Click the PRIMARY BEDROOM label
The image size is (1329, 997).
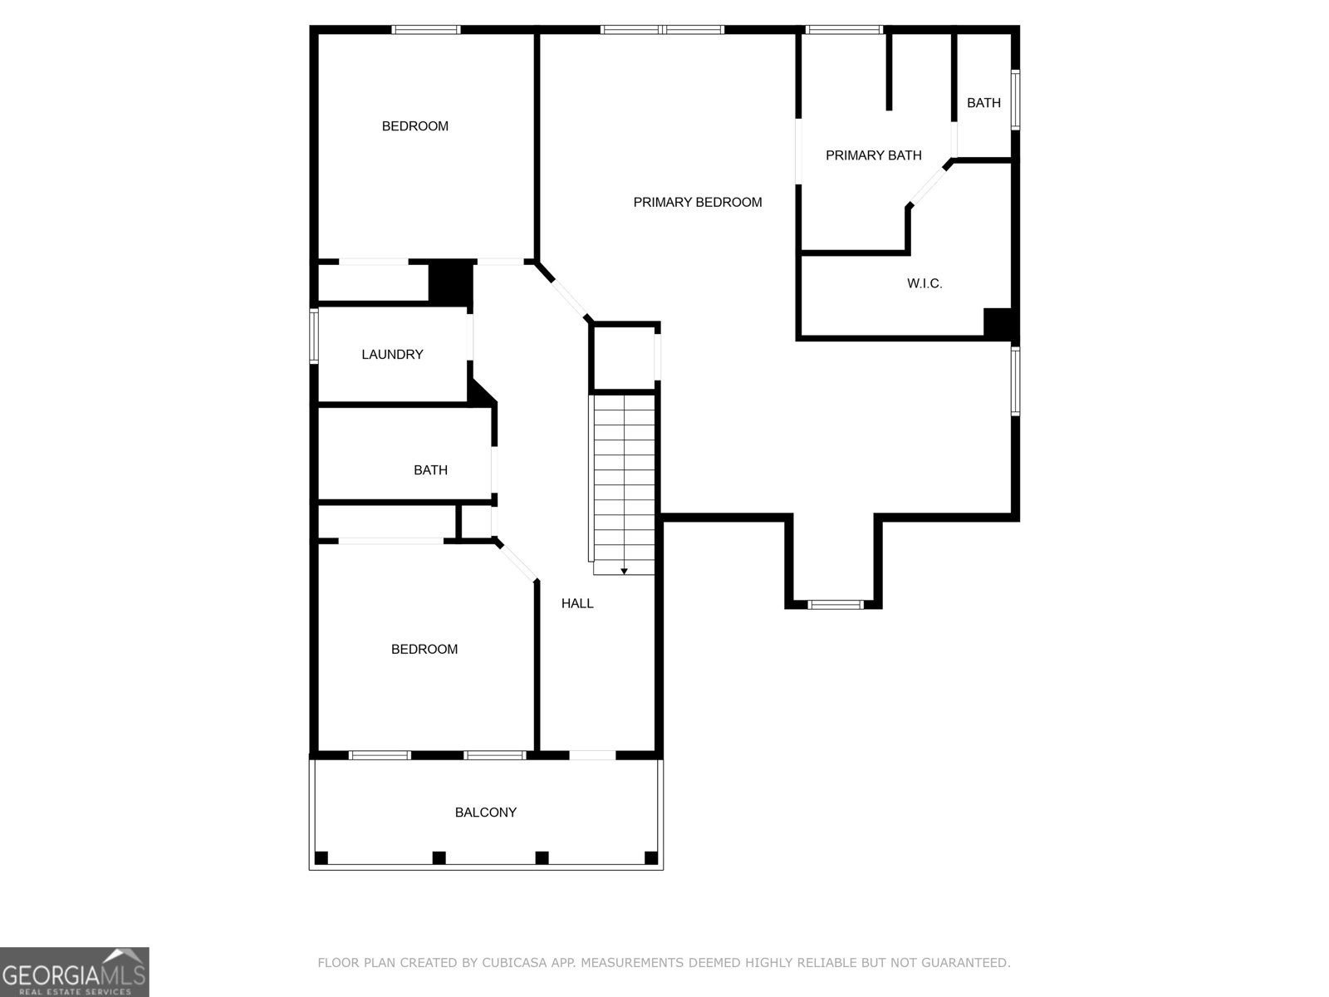(697, 202)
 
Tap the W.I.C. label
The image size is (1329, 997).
(924, 283)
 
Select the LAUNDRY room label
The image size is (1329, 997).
(392, 355)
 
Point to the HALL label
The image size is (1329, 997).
(577, 604)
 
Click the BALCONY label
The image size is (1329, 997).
(486, 813)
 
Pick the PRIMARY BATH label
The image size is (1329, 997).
(873, 155)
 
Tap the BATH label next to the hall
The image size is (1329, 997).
(430, 470)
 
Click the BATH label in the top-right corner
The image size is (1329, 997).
(983, 103)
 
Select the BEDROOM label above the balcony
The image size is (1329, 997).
(424, 649)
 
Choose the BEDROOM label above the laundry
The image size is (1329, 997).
(414, 126)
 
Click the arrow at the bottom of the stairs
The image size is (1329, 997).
(624, 571)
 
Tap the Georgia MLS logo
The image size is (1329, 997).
(75, 971)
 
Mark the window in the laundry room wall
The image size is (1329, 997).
(314, 336)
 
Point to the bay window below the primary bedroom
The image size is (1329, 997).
(836, 604)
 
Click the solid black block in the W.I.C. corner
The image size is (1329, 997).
(997, 322)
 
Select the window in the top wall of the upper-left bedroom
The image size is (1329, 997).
(425, 30)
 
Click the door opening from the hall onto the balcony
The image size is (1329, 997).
(592, 755)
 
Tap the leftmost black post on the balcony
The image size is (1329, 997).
(321, 857)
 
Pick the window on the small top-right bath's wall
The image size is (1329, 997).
(1015, 100)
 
